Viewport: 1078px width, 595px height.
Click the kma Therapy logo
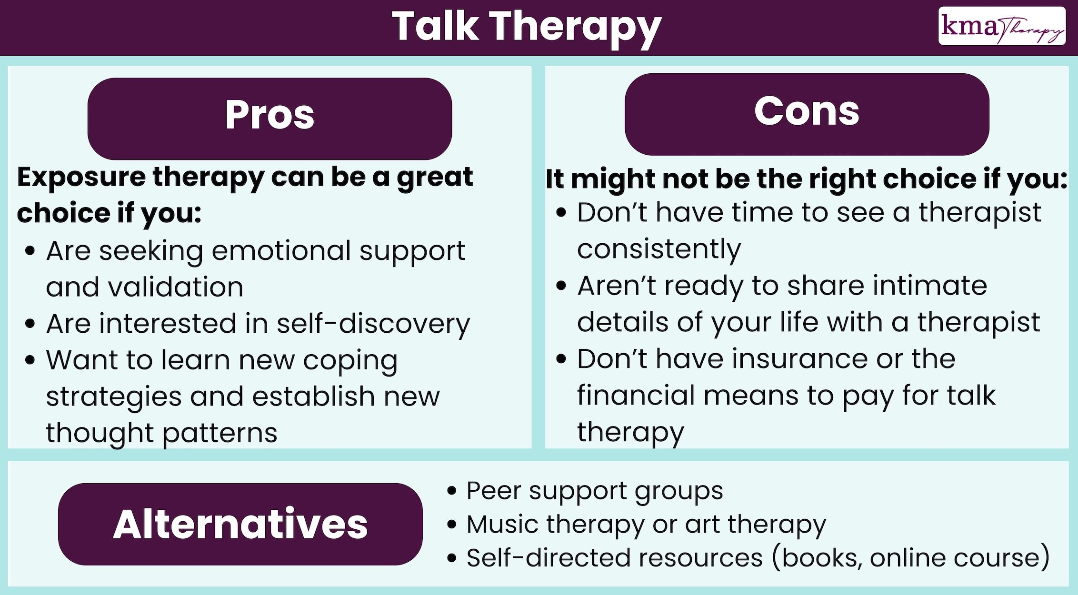coord(1001,26)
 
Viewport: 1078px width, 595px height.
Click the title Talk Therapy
coord(527,27)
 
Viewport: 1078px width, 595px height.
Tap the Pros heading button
coord(269,118)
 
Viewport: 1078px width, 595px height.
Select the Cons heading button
coord(807,114)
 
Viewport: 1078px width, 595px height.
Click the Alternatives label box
coord(240,524)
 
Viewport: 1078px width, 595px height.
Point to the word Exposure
coord(81,178)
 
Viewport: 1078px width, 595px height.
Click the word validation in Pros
coord(176,287)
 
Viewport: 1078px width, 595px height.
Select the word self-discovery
coord(373,324)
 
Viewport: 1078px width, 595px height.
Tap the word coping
coord(350,361)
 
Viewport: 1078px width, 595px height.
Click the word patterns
coord(220,434)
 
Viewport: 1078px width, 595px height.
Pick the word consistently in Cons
coord(659,249)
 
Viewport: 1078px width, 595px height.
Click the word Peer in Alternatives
coord(493,490)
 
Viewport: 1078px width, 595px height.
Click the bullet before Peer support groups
coord(452,491)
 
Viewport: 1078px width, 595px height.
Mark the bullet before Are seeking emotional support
coord(30,251)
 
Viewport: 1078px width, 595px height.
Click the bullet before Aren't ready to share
coord(561,286)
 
